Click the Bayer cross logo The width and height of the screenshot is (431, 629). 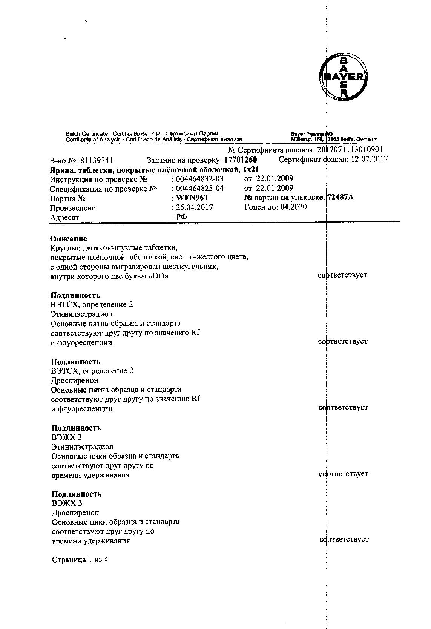[x=343, y=77]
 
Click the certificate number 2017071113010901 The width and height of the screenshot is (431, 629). [x=350, y=150]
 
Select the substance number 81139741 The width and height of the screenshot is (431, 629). [x=97, y=160]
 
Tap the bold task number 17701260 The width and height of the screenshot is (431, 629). [x=241, y=160]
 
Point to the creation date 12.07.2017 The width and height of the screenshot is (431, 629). [x=369, y=159]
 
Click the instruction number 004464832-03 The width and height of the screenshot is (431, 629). [x=199, y=179]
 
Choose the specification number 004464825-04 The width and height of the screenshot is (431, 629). [x=199, y=188]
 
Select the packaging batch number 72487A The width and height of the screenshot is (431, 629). [x=341, y=197]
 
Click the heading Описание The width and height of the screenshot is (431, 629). [x=69, y=239]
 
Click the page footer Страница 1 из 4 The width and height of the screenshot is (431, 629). [x=80, y=560]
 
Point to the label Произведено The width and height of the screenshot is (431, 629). [x=73, y=208]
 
